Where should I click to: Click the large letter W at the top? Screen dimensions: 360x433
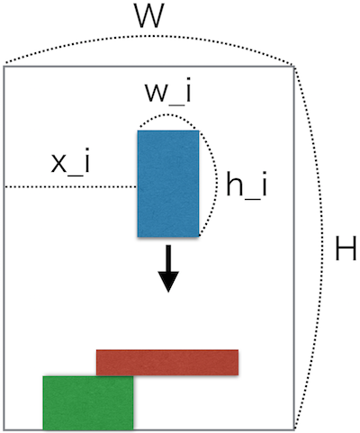coord(149,16)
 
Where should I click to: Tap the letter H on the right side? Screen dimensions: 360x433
coord(346,248)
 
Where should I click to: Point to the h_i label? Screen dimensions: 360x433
coord(247,185)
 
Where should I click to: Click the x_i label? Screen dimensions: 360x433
coord(70,162)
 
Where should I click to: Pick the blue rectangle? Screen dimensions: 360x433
coord(168,184)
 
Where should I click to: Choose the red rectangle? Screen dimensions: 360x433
coord(167,362)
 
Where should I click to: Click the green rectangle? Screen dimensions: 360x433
coord(88,402)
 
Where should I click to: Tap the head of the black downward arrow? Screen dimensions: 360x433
coord(168,282)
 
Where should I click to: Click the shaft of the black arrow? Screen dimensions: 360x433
coord(168,258)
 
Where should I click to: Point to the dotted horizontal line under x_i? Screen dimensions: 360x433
coord(71,187)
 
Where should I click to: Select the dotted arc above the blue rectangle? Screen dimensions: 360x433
coord(168,114)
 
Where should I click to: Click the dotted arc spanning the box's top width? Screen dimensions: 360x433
coord(149,36)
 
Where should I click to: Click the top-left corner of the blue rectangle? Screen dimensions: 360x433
coord(138,131)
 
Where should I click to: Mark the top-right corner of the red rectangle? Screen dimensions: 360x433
coord(238,350)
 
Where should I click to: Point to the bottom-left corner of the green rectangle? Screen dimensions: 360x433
coord(43,429)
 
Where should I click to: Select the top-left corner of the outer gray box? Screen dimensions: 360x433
coord(4,67)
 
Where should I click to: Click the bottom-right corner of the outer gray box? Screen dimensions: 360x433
coord(294,430)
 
